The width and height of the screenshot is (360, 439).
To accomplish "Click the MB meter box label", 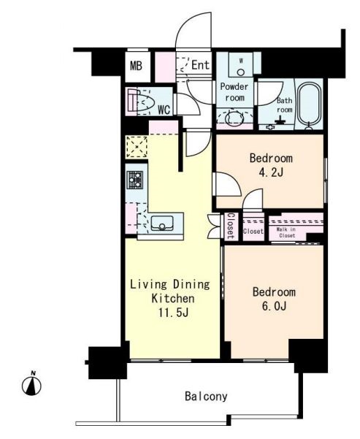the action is pos(136,66).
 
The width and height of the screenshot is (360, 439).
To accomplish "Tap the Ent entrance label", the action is pos(200,65).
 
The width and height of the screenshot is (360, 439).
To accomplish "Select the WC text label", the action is pos(164,110).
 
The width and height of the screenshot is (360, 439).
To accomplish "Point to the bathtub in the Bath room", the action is pos(308,105).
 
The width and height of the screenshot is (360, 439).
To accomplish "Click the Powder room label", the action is pos(234,92).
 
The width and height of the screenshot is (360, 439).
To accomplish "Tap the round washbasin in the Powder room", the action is pos(234,118).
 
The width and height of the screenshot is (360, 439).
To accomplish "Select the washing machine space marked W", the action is pos(240,65).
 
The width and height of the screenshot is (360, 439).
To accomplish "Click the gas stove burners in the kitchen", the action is pos(134,180).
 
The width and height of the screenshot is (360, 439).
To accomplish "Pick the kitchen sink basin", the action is pos(162,223).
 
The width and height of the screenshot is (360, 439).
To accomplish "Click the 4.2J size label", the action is pos(271,172).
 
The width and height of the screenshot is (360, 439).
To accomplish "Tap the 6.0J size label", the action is pos(274,306).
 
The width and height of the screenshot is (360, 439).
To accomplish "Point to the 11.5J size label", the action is pos(173,313).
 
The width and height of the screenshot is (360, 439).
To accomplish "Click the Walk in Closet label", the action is pos(286,232).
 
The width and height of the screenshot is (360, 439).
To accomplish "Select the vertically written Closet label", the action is pos(231,226).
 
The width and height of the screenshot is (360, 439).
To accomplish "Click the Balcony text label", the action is pos(206,396).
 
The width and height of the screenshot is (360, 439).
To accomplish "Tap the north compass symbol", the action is pos(31,384).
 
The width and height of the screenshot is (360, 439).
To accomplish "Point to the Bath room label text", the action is pos(284,104).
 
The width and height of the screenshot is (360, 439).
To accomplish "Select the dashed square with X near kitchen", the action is pos(137,146).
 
